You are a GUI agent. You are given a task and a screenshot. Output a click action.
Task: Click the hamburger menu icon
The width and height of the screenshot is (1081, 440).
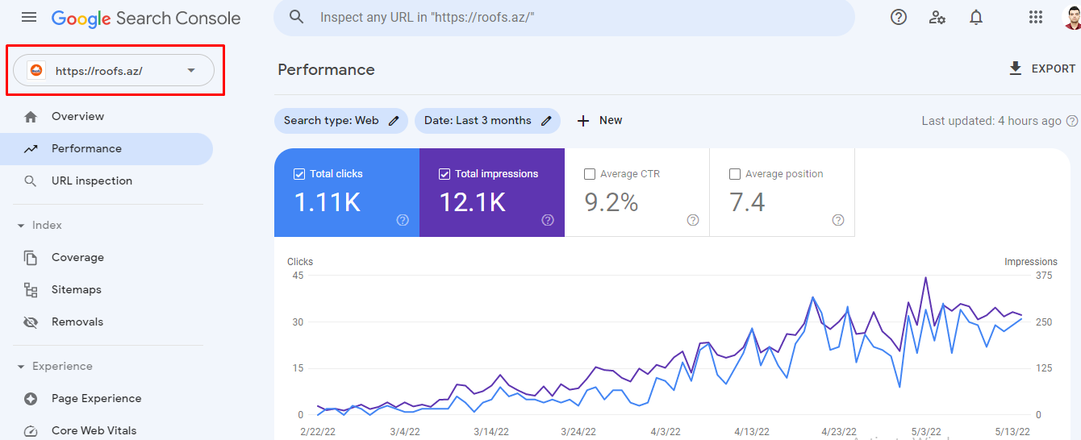pos(29,17)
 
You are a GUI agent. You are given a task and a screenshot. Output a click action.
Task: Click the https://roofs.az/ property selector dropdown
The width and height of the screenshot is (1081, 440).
pos(114,71)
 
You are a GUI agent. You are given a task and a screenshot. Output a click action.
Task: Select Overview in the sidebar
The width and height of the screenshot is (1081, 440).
pos(77,116)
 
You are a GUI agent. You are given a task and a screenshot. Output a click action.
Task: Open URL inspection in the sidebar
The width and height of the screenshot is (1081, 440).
pos(91,181)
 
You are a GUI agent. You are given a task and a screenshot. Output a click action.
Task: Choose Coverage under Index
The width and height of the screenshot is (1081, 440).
pos(77,257)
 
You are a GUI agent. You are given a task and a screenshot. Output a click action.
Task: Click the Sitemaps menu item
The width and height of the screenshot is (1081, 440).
pos(76,289)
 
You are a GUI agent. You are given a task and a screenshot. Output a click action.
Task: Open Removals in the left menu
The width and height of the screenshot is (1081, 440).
pos(77,322)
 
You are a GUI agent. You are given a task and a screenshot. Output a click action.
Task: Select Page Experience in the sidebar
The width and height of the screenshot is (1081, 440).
pos(96,398)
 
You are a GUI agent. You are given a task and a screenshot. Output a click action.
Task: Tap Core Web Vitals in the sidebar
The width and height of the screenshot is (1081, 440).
pos(94,430)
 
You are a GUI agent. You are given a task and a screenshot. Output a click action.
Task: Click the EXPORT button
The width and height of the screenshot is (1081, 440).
pos(1041,69)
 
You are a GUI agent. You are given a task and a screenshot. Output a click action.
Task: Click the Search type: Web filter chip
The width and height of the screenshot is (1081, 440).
pos(340,121)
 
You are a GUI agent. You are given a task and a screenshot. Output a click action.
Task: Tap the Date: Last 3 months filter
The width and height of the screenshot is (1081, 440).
pos(487,121)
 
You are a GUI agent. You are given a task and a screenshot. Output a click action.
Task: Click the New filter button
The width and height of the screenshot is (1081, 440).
pos(599,121)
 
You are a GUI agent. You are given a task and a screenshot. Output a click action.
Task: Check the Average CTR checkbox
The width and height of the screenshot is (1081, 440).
pos(590,174)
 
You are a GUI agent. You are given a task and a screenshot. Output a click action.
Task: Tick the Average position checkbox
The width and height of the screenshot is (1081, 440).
pos(735,174)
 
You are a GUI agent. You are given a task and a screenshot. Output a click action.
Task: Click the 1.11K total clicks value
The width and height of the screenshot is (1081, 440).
pos(327,202)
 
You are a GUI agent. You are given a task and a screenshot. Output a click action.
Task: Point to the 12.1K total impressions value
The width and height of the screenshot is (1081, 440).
pos(472,202)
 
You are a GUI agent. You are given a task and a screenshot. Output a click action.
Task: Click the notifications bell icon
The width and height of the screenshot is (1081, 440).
pos(976,17)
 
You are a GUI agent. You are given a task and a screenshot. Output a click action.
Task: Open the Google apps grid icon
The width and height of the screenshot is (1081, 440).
pos(1036,17)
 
